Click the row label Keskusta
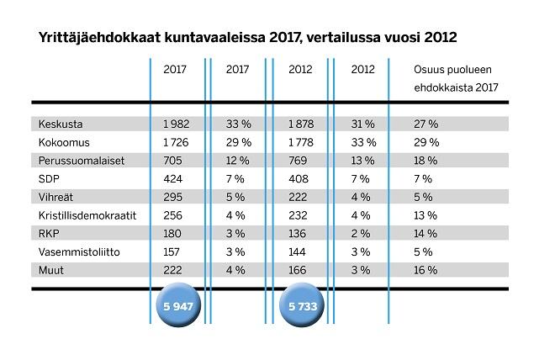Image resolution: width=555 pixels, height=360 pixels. (56, 123)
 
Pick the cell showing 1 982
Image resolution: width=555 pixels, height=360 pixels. (177, 123)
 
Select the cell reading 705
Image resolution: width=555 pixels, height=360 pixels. (172, 160)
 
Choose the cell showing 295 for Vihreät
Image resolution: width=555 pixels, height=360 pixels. (172, 197)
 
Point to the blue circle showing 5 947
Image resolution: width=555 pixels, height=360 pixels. (177, 307)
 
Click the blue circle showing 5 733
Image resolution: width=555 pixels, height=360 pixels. (300, 307)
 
